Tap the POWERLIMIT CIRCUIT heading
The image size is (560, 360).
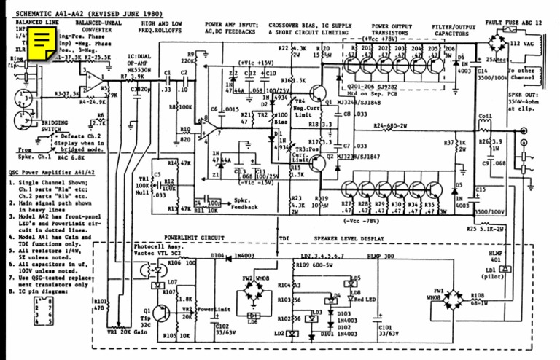coord(193,238)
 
